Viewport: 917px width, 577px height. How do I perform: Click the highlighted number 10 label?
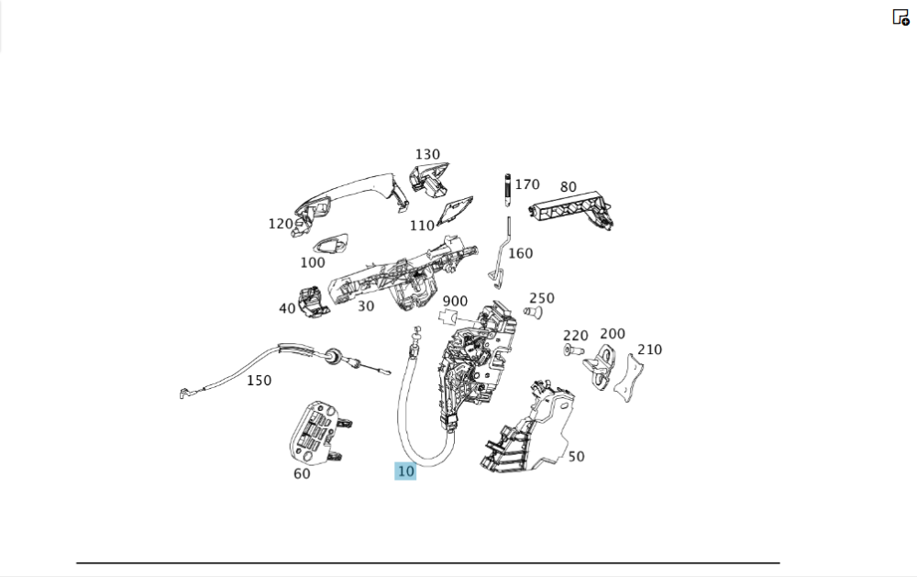[405, 472]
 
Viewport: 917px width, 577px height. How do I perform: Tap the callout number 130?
[427, 154]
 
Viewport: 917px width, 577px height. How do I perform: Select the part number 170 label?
[527, 184]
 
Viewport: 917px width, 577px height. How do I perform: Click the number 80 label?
[569, 187]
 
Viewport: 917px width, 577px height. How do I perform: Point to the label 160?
[520, 253]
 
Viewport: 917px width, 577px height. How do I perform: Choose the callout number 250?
[542, 298]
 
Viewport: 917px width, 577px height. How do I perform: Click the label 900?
[455, 301]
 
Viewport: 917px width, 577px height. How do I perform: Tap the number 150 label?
[259, 380]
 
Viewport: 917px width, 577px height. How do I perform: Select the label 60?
[302, 473]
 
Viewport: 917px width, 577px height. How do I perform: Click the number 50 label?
[576, 456]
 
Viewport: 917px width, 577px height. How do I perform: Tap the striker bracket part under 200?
[602, 364]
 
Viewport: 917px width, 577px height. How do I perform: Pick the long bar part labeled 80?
[572, 212]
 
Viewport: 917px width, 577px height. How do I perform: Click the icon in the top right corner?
[900, 17]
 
